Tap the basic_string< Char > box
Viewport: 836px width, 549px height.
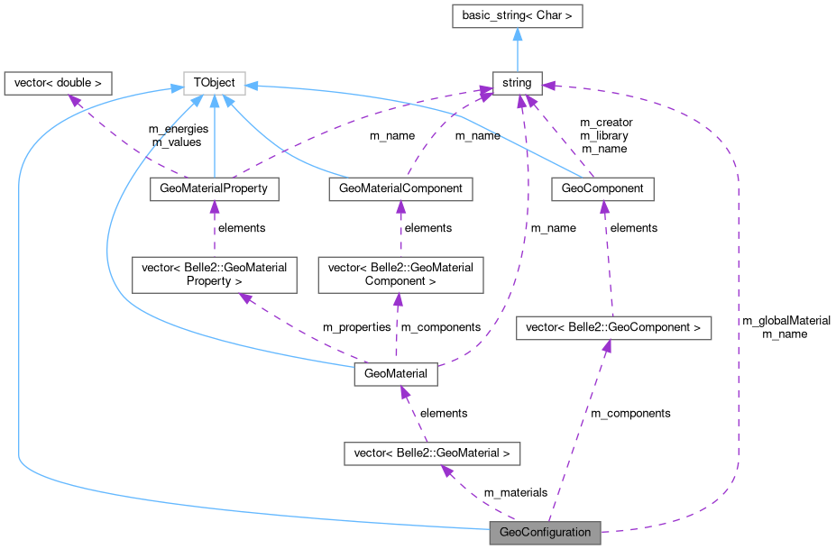[x=517, y=15]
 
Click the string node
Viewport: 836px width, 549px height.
[x=517, y=83]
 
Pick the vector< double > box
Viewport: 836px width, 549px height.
[x=58, y=83]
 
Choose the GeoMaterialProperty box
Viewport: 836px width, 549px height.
[x=214, y=188]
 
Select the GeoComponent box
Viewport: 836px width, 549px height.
[x=602, y=188]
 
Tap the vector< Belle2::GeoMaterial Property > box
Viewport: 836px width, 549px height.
[x=214, y=274]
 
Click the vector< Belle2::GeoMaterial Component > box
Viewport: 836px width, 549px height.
[x=400, y=274]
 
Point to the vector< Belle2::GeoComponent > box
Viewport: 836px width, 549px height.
[x=613, y=327]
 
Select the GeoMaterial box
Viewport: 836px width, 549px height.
[x=396, y=373]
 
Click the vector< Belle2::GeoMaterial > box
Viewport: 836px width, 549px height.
[x=432, y=453]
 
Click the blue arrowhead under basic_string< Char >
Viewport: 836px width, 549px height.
[x=517, y=34]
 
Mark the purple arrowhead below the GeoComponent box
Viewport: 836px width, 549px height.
[x=604, y=207]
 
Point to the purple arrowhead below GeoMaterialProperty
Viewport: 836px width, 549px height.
[x=214, y=207]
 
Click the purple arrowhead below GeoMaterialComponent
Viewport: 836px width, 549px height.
[x=400, y=207]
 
